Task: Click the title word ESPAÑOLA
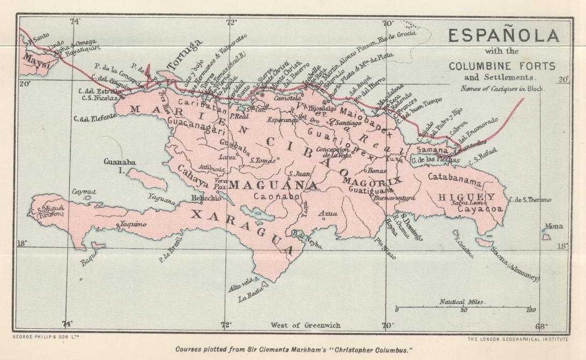(503, 36)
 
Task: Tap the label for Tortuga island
(184, 55)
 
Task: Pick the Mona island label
(553, 226)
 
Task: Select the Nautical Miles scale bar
(463, 310)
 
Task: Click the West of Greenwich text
(305, 325)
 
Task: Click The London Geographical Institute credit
(518, 339)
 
